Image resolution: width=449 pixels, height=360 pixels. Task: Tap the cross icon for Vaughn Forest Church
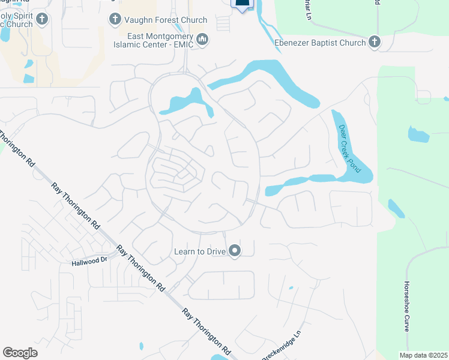click(114, 20)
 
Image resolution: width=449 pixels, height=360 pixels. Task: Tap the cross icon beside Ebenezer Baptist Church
click(375, 41)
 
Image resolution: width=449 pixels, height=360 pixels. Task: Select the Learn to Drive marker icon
click(235, 251)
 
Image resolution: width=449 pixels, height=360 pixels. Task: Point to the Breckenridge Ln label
click(280, 347)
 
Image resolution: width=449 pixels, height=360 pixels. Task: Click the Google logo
click(20, 353)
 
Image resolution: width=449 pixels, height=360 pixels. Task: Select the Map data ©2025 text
click(423, 355)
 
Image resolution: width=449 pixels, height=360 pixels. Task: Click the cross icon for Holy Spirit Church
click(41, 19)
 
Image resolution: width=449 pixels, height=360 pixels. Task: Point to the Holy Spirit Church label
click(16, 20)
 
